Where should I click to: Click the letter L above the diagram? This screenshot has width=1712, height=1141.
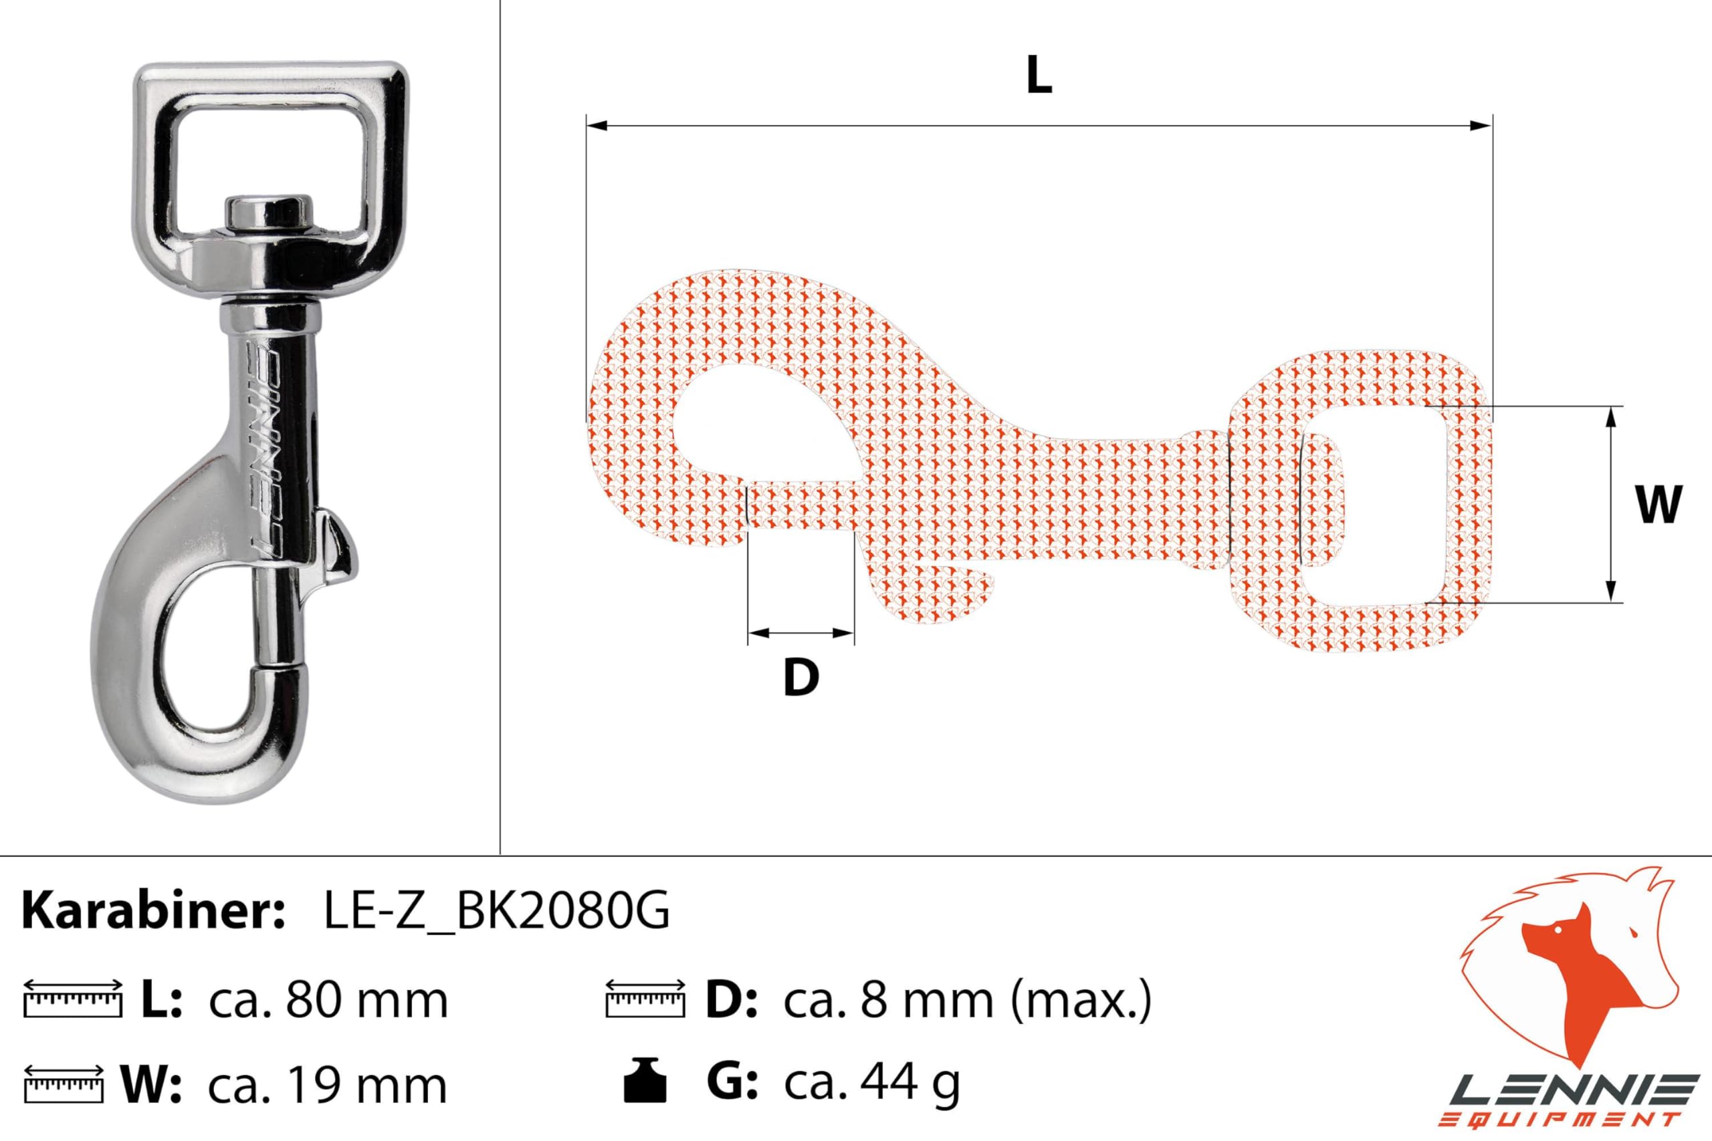(x=1039, y=76)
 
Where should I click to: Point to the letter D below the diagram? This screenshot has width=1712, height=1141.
(x=801, y=678)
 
